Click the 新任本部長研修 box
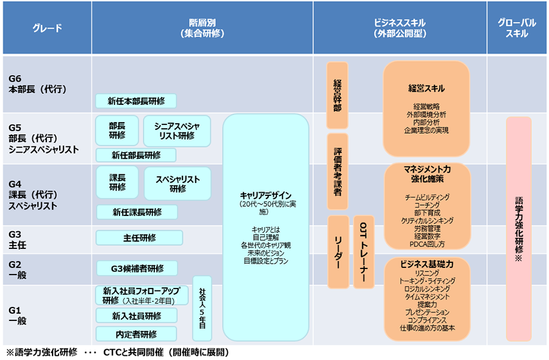(136, 101)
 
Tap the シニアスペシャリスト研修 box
(177, 131)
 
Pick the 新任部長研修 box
(136, 155)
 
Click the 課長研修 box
(117, 182)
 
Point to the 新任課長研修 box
(137, 212)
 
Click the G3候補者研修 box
(137, 268)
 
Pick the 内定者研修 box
(136, 334)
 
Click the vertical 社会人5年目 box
(202, 308)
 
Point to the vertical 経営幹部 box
(337, 95)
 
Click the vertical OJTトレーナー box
(364, 251)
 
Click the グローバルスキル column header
(517, 28)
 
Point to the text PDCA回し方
(427, 244)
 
